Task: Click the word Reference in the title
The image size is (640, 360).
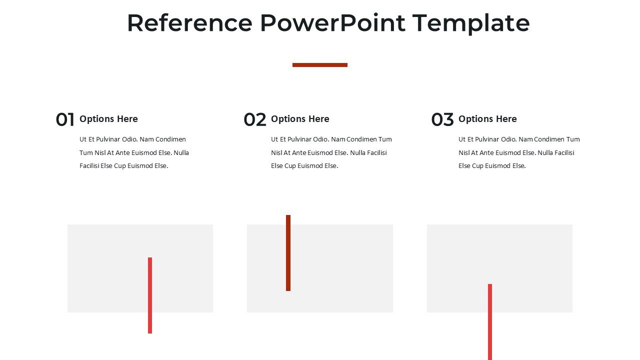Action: point(189,23)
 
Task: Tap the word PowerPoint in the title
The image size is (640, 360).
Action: point(332,23)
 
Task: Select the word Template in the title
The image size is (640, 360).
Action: point(471,23)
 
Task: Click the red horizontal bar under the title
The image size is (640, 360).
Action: point(319,64)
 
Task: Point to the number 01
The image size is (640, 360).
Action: point(65,120)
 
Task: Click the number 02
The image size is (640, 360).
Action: point(255,120)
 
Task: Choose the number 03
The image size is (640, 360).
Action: point(442,120)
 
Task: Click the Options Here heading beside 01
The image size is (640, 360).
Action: point(108,119)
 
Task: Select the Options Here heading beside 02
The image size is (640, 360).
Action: point(300,119)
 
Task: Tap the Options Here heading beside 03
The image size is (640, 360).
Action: point(487,119)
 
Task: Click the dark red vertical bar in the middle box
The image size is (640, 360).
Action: point(288,252)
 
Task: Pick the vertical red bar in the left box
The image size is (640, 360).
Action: point(150,295)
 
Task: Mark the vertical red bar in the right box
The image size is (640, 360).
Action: point(490,321)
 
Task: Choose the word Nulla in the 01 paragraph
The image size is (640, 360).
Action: point(181,153)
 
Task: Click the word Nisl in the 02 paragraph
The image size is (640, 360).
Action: point(277,153)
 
